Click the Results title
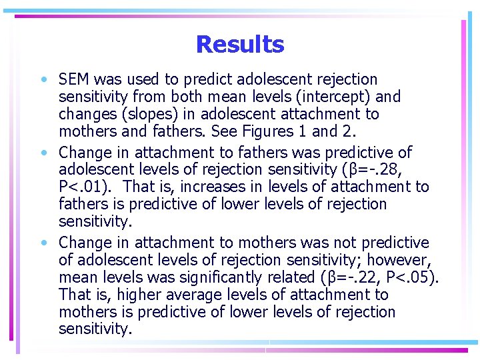pyautogui.click(x=240, y=45)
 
